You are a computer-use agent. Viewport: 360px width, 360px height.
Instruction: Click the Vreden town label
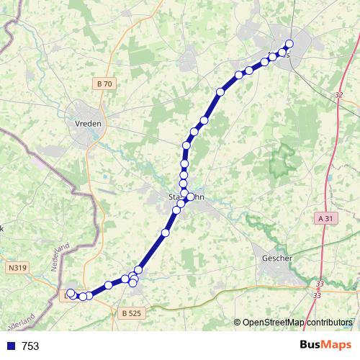tap(89, 123)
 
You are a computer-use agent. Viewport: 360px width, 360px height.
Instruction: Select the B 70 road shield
tap(104, 84)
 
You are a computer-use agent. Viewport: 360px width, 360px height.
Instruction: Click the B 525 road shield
tap(132, 313)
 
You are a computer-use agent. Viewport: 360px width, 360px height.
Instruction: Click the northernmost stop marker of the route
tap(289, 44)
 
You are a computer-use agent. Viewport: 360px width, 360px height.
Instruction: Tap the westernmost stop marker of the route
tap(71, 293)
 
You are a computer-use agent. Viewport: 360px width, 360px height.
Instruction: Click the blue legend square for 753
tap(9, 346)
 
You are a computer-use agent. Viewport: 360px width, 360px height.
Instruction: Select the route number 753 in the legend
tap(30, 346)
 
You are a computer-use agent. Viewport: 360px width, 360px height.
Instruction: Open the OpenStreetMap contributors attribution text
tap(297, 322)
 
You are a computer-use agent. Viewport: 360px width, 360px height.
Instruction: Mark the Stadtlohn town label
tap(186, 196)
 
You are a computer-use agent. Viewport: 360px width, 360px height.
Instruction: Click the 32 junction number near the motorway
tap(339, 94)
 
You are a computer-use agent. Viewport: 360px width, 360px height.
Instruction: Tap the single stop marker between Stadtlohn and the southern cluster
tap(166, 233)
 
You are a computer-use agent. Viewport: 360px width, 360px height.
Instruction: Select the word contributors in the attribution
tap(328, 322)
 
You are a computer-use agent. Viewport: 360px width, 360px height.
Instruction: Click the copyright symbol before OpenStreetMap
tap(238, 322)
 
